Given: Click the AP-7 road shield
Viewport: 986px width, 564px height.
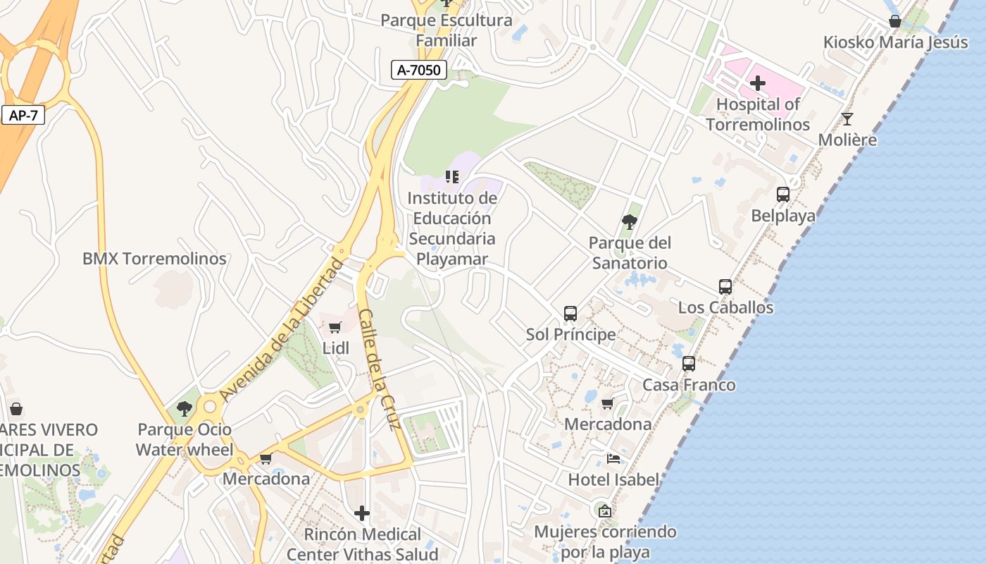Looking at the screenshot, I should click(23, 115).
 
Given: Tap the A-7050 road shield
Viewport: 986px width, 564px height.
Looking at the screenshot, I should click(419, 70).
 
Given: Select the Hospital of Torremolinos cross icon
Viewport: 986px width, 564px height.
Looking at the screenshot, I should click(758, 84).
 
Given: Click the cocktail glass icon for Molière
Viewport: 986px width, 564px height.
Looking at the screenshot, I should click(847, 119).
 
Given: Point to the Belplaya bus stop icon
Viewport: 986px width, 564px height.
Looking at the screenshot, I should click(782, 195).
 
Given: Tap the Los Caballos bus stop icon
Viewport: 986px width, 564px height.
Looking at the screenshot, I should click(725, 287).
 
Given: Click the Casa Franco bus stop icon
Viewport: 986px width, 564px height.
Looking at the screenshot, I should click(689, 364).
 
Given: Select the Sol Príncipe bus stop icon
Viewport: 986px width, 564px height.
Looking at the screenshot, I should click(570, 313).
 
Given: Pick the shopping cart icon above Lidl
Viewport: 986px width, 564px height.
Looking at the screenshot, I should click(335, 327).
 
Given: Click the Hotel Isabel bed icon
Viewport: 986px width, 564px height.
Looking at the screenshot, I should click(613, 459).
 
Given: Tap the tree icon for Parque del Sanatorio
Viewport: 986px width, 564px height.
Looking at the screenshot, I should click(630, 223).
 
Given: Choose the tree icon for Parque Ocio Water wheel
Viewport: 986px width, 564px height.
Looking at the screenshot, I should click(185, 409).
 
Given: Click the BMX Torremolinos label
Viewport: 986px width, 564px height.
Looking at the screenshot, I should click(154, 259).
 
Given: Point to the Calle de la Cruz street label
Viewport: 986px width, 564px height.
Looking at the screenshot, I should click(379, 369).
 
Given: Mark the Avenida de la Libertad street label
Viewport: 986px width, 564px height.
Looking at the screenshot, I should click(282, 330).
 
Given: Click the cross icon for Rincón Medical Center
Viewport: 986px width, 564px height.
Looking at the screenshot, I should click(362, 513).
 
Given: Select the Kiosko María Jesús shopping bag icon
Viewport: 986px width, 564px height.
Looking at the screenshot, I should click(894, 22).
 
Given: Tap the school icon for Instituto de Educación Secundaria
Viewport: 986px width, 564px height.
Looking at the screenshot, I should click(452, 177).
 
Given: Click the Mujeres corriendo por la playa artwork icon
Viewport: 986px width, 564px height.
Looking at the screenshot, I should click(604, 511).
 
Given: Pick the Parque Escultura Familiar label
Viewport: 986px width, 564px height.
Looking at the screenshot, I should click(447, 30).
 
